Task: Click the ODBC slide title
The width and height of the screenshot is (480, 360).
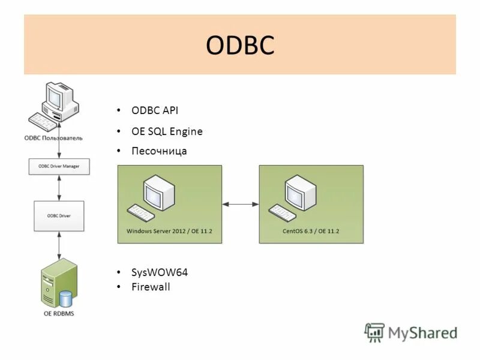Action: tap(239, 46)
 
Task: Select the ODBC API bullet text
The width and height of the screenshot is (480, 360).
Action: tap(155, 111)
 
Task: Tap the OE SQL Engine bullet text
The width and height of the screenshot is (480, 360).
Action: tap(167, 131)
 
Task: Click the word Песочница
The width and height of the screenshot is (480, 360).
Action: tap(159, 151)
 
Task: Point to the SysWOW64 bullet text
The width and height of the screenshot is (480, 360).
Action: tap(160, 272)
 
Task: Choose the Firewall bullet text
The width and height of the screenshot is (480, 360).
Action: tap(151, 287)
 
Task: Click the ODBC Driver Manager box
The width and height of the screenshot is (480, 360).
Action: tap(59, 166)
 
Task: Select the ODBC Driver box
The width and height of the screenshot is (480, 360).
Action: tap(59, 215)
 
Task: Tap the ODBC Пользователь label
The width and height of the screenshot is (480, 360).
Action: tap(53, 138)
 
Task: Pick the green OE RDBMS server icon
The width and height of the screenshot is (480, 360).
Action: tap(58, 283)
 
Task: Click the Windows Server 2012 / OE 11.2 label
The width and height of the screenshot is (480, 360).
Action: tap(169, 230)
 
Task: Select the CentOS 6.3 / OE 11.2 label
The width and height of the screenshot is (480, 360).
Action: tap(311, 230)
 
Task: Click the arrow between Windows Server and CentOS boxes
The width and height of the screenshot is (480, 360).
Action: tap(240, 205)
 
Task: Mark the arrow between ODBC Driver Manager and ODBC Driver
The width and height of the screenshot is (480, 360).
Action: tap(59, 188)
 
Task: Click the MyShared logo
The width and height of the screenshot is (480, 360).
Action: tap(412, 332)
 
